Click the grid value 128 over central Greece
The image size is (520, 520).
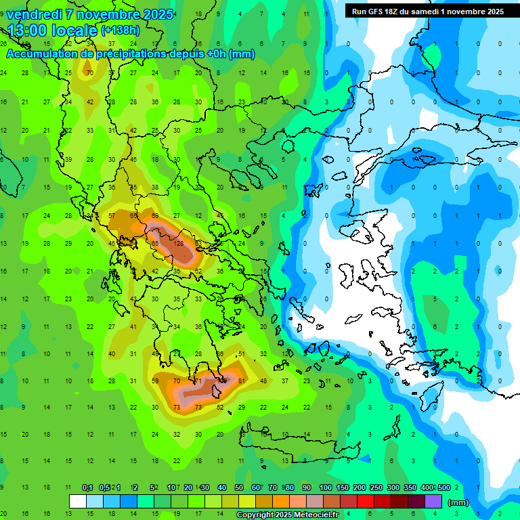tap(179, 244)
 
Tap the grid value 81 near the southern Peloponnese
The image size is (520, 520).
tap(242, 381)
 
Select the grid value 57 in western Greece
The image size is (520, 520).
tap(112, 216)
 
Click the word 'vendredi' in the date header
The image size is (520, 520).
tap(35, 14)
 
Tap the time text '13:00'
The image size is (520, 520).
tap(30, 30)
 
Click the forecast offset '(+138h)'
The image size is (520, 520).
tap(121, 30)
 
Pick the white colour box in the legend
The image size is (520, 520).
tap(78, 502)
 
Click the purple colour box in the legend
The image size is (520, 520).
tap(433, 502)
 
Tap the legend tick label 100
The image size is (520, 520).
tap(325, 488)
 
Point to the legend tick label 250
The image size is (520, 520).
tap(375, 488)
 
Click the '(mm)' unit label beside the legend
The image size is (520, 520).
tap(458, 502)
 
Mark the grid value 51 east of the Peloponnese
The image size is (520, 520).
tap(242, 353)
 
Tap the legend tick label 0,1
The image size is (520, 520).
tap(87, 488)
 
